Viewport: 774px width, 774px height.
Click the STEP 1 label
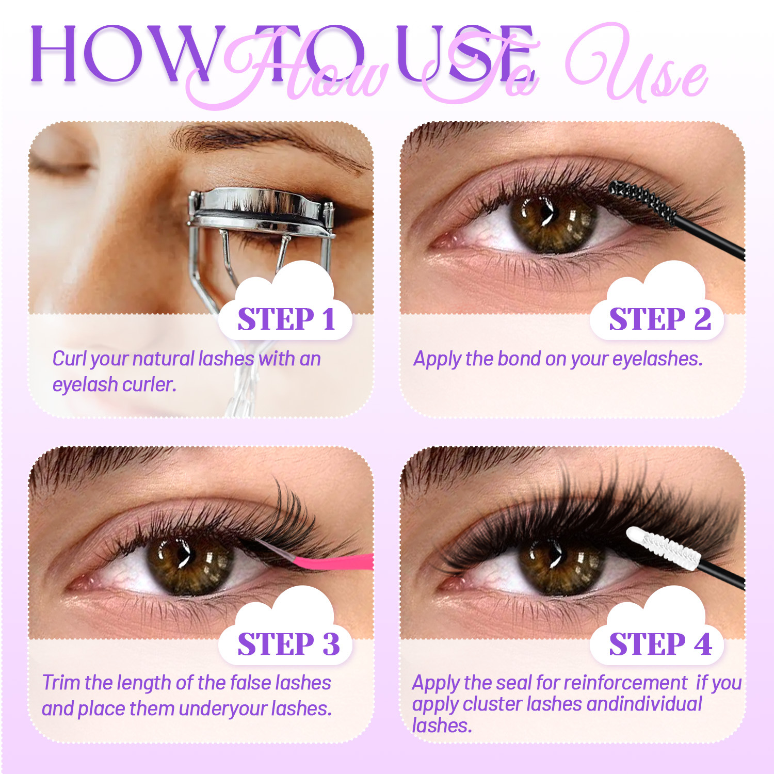(x=286, y=319)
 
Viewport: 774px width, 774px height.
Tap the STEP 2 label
(x=660, y=319)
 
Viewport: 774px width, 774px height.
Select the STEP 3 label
(x=288, y=644)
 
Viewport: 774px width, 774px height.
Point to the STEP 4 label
(x=660, y=644)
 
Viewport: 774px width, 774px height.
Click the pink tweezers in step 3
(x=330, y=560)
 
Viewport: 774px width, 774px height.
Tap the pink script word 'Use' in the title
(x=637, y=64)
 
